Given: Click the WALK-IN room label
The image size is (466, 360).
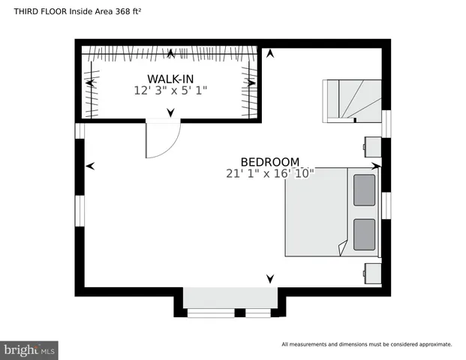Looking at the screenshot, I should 170,79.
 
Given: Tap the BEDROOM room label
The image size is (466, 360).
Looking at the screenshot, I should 270,161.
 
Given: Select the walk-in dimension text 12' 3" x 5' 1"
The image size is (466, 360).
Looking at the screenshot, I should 170,90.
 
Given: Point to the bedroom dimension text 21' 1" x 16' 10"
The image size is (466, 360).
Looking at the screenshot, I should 269,172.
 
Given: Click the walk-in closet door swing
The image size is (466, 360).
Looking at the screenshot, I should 161,139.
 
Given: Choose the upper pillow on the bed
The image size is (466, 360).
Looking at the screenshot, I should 364,189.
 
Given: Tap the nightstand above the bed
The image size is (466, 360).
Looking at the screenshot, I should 371,146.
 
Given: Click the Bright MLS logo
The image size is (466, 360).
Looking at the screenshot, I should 30,349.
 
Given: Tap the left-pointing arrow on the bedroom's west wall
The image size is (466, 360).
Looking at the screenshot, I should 90,166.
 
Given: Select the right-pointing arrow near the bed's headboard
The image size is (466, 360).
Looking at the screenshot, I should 376,166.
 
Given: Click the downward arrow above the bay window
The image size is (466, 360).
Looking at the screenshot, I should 269,279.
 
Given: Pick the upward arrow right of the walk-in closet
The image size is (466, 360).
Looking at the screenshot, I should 269,53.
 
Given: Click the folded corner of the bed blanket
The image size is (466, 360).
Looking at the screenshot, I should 342,246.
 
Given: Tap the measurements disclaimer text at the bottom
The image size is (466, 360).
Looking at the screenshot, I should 366,344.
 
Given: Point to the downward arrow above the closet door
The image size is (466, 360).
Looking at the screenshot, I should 170,113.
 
